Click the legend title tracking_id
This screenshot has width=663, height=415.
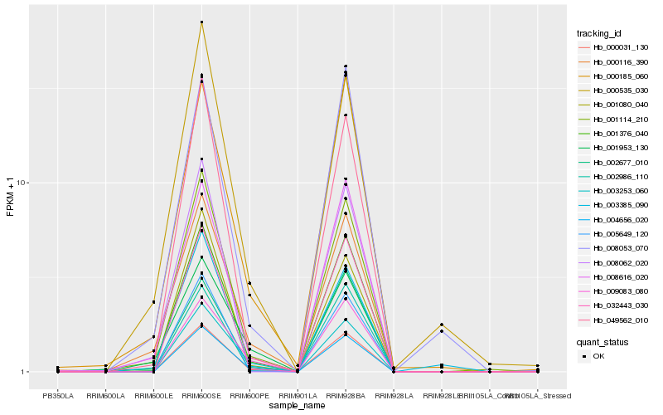(599, 33)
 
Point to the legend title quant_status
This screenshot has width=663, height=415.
(603, 341)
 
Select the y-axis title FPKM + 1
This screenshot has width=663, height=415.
(11, 197)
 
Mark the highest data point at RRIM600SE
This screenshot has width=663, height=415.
(201, 22)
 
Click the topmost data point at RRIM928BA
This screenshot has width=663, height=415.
(345, 66)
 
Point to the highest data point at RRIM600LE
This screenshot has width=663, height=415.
(154, 302)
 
